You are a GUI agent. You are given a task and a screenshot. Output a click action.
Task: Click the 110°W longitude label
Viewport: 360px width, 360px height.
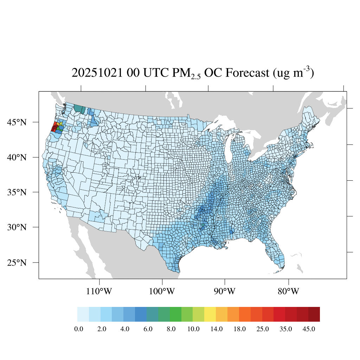coord(100,291)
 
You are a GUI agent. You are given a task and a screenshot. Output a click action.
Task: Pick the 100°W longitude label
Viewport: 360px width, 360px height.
coord(162,291)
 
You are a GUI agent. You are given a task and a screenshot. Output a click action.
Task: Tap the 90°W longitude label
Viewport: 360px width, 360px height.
coord(225,291)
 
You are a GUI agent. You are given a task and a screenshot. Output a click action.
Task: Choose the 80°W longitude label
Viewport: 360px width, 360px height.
coord(289,291)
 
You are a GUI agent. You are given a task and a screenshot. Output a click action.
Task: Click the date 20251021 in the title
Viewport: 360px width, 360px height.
coord(97,73)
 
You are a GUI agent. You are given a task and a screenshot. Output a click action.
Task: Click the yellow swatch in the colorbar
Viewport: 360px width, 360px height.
coord(210,314)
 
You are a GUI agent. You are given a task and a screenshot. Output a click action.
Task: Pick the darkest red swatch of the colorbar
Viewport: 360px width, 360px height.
coord(314,314)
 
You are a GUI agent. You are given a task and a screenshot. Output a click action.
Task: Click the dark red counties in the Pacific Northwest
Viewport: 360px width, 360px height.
coord(54,127)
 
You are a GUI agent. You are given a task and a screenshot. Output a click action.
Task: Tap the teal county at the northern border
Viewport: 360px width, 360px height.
coord(79,109)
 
